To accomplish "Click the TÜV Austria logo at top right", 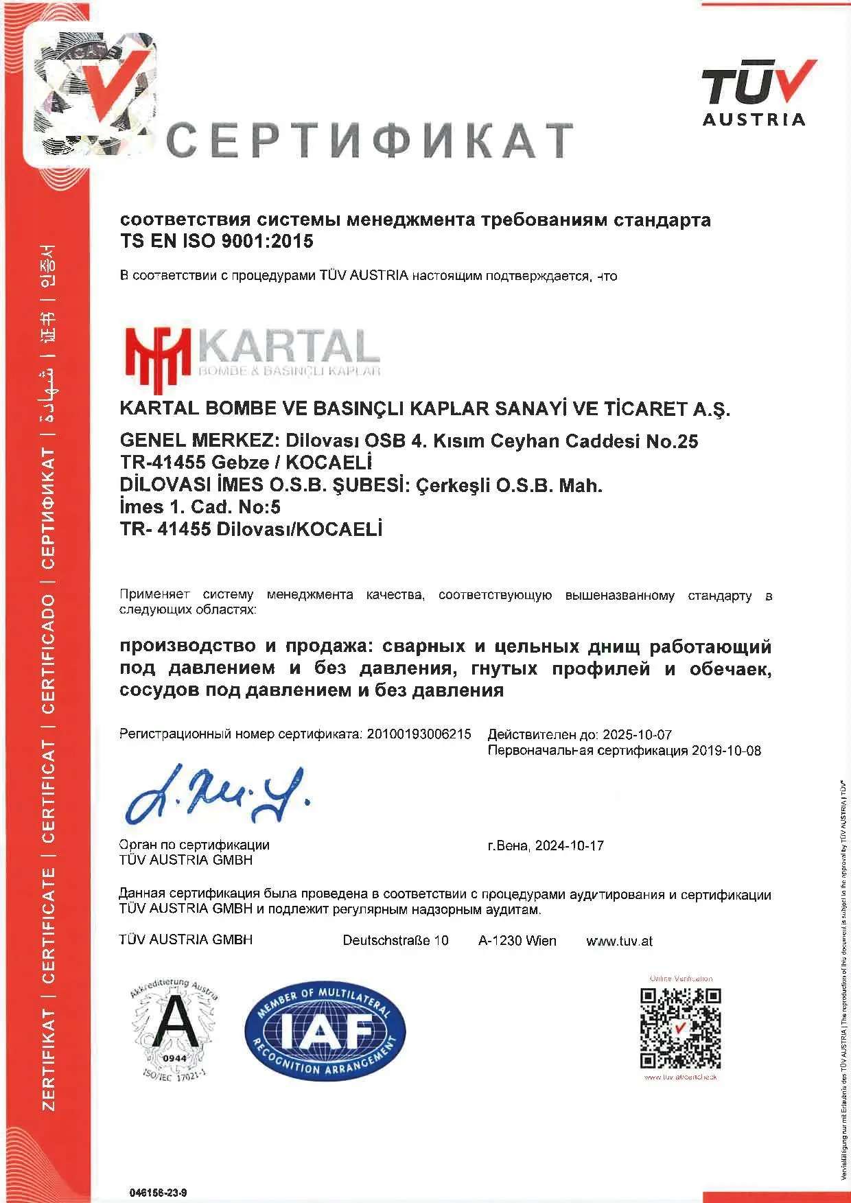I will (x=755, y=93).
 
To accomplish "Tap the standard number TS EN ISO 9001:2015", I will (x=217, y=241).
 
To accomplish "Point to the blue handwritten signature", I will (x=217, y=795).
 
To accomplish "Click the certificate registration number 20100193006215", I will (x=419, y=734).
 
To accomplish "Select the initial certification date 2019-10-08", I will (x=726, y=750).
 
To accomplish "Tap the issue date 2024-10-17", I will (x=569, y=845).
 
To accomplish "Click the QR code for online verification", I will (x=681, y=1027).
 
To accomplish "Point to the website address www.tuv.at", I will (x=619, y=941).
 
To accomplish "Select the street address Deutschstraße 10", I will (x=395, y=940).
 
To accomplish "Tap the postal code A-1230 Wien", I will (x=517, y=940).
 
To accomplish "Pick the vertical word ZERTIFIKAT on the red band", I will (x=49, y=1060).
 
